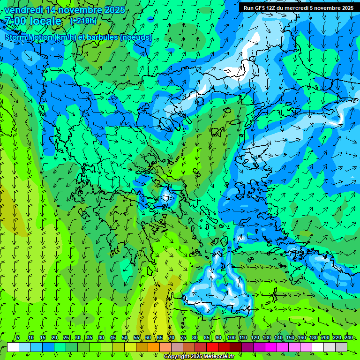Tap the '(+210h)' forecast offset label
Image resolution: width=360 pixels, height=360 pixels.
[83, 21]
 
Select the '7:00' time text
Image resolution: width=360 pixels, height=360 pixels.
[15, 21]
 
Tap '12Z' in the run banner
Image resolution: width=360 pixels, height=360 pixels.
[271, 8]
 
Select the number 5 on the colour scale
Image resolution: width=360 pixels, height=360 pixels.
[17, 337]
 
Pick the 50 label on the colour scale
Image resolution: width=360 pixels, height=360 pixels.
[125, 337]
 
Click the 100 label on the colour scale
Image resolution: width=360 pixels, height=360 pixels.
[231, 337]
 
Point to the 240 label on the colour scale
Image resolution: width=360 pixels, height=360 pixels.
[348, 337]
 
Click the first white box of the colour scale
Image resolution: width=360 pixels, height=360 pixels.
[13, 347]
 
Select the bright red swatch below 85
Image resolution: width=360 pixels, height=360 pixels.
[212, 347]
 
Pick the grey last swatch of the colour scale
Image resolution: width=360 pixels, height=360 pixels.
[341, 347]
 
